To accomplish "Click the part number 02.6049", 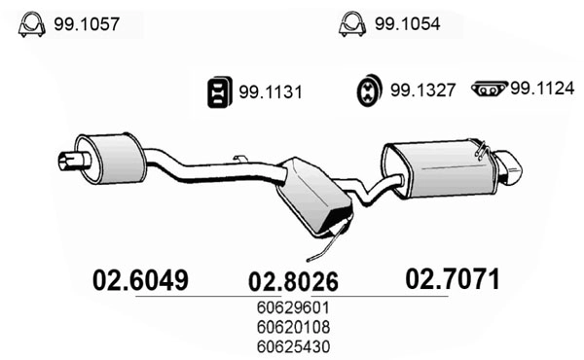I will click(x=139, y=280).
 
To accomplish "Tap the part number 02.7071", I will click(x=453, y=280).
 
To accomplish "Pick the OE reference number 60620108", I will click(x=293, y=327).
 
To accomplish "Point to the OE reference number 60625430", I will click(x=293, y=344).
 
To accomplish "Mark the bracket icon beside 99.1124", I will click(x=489, y=90).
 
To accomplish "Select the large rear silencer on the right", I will click(x=438, y=169).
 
